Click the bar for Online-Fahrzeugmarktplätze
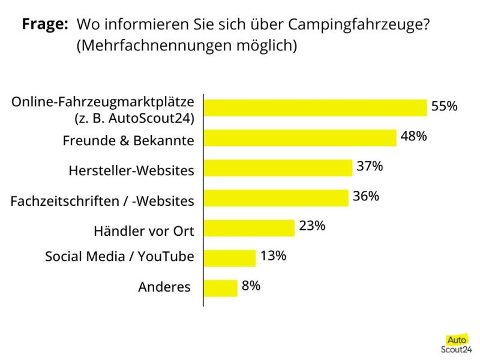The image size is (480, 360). [x=315, y=107]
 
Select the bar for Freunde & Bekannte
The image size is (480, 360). [x=300, y=138]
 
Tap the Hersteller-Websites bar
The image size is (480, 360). [x=278, y=168]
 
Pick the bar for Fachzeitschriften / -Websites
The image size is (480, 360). [x=276, y=198]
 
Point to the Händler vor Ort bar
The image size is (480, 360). [x=249, y=228]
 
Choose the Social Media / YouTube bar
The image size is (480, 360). [x=230, y=258]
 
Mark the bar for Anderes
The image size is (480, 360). [x=221, y=288]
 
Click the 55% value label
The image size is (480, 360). [x=444, y=106]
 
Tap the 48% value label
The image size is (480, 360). [x=413, y=136]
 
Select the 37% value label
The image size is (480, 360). [x=370, y=166]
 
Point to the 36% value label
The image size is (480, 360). [x=365, y=196]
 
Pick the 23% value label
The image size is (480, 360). [x=312, y=226]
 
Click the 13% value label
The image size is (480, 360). [x=273, y=256]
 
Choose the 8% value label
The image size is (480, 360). [x=251, y=286]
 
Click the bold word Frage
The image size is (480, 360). [x=45, y=25]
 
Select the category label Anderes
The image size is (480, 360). [x=164, y=287]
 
